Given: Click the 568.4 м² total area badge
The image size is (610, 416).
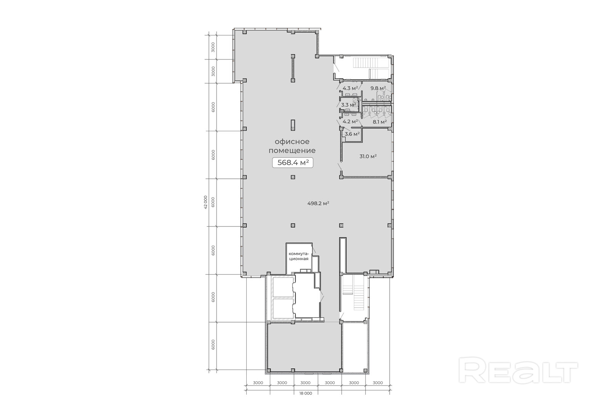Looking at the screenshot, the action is [x=293, y=163].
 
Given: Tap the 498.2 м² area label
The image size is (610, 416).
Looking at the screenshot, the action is [x=318, y=203].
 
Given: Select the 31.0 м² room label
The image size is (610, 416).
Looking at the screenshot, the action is [x=368, y=156].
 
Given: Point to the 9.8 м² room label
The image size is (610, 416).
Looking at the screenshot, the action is [x=378, y=88].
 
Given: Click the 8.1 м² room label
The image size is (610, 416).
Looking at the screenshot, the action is [x=380, y=122].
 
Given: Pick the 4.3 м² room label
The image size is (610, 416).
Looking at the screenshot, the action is [x=350, y=88].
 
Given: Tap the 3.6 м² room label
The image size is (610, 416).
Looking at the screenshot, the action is [x=352, y=134].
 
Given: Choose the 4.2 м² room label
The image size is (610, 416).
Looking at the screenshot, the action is [x=350, y=122].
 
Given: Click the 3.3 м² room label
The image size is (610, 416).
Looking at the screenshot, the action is [x=348, y=105].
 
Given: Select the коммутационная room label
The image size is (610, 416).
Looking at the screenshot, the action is [x=299, y=256].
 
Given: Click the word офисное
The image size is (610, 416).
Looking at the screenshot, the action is [x=292, y=142].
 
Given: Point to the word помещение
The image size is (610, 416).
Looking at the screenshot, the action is [x=292, y=150].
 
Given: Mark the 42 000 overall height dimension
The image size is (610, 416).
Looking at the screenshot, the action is [x=205, y=202].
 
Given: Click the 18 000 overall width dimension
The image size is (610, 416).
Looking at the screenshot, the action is [x=305, y=394].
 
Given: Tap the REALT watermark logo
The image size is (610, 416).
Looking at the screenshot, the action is [x=518, y=371].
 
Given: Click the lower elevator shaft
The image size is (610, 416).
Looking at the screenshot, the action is [x=283, y=308].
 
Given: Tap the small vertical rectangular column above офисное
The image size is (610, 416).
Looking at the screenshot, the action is [x=293, y=125].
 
